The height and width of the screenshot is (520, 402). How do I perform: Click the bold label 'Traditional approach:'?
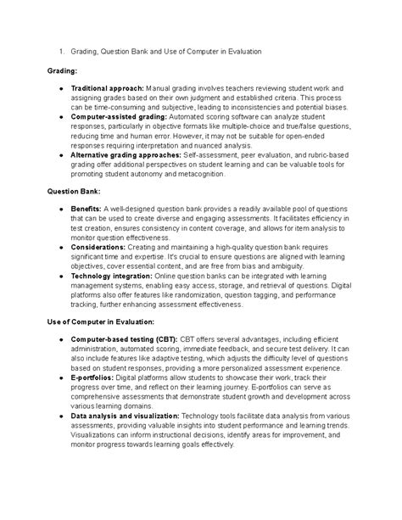pos(108,87)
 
